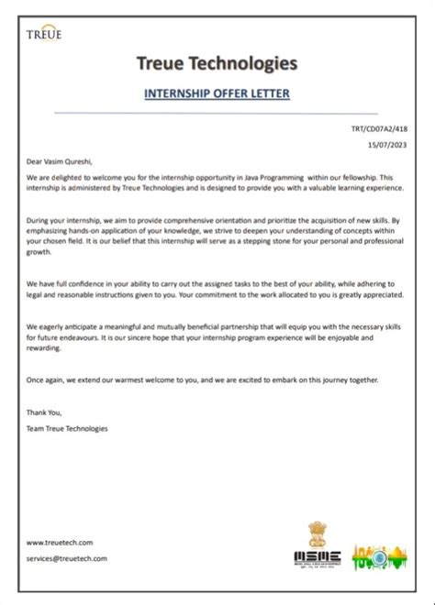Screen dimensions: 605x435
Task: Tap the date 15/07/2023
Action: point(388,145)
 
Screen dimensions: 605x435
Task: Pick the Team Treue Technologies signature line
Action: point(67,428)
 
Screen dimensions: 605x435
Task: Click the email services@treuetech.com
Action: point(67,557)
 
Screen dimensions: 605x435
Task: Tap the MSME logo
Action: point(318,557)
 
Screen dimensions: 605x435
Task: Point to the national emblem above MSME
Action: point(317,533)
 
